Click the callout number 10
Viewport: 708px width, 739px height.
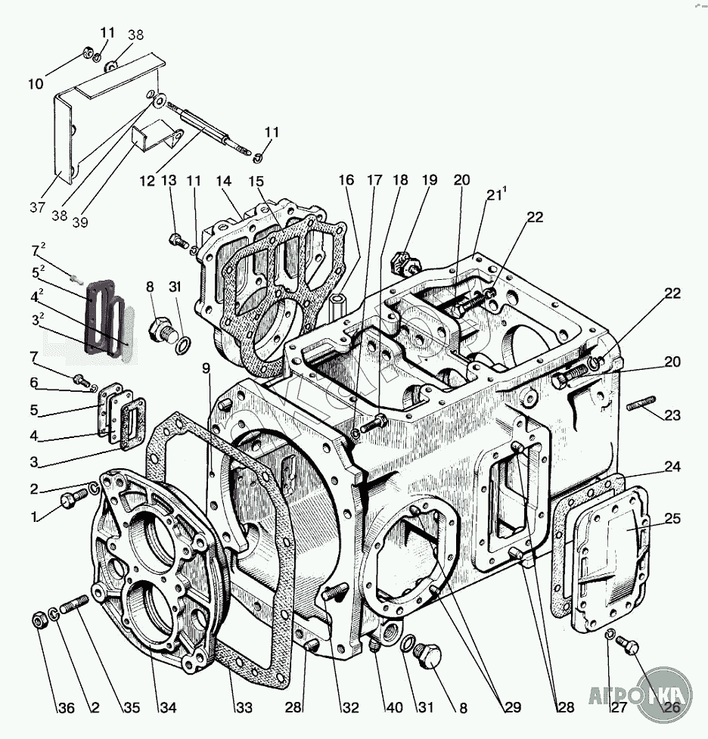pos(36,84)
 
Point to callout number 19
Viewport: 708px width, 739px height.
pos(430,180)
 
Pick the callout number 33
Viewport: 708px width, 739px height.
pos(243,708)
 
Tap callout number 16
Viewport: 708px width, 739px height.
pos(346,180)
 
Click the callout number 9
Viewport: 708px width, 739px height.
pos(206,368)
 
